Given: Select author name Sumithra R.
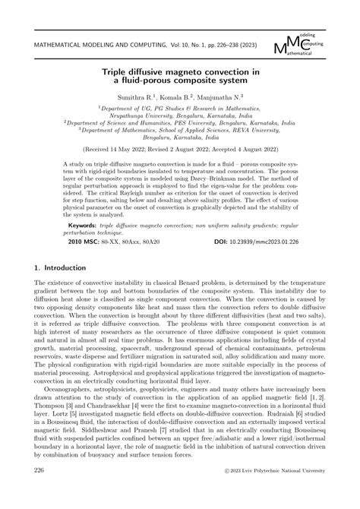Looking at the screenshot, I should click(x=137, y=98).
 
